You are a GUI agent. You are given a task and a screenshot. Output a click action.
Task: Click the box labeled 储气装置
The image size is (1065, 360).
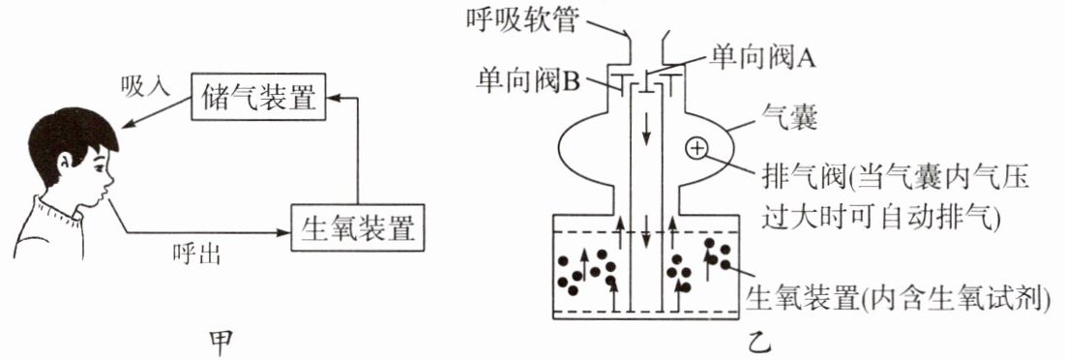pos(258,96)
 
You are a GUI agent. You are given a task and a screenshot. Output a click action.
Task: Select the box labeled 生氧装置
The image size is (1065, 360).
pos(357,227)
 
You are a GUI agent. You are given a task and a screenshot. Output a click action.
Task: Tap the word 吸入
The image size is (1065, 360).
pos(144,86)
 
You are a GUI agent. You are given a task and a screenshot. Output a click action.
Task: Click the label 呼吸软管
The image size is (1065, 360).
pos(523,20)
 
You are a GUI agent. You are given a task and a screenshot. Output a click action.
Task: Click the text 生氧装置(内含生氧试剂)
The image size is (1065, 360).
pos(898,297)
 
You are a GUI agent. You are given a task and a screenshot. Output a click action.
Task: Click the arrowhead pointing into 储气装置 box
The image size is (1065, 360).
pos(333,99)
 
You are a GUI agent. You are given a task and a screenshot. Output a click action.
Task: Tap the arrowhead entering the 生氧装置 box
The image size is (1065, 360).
pos(283,233)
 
